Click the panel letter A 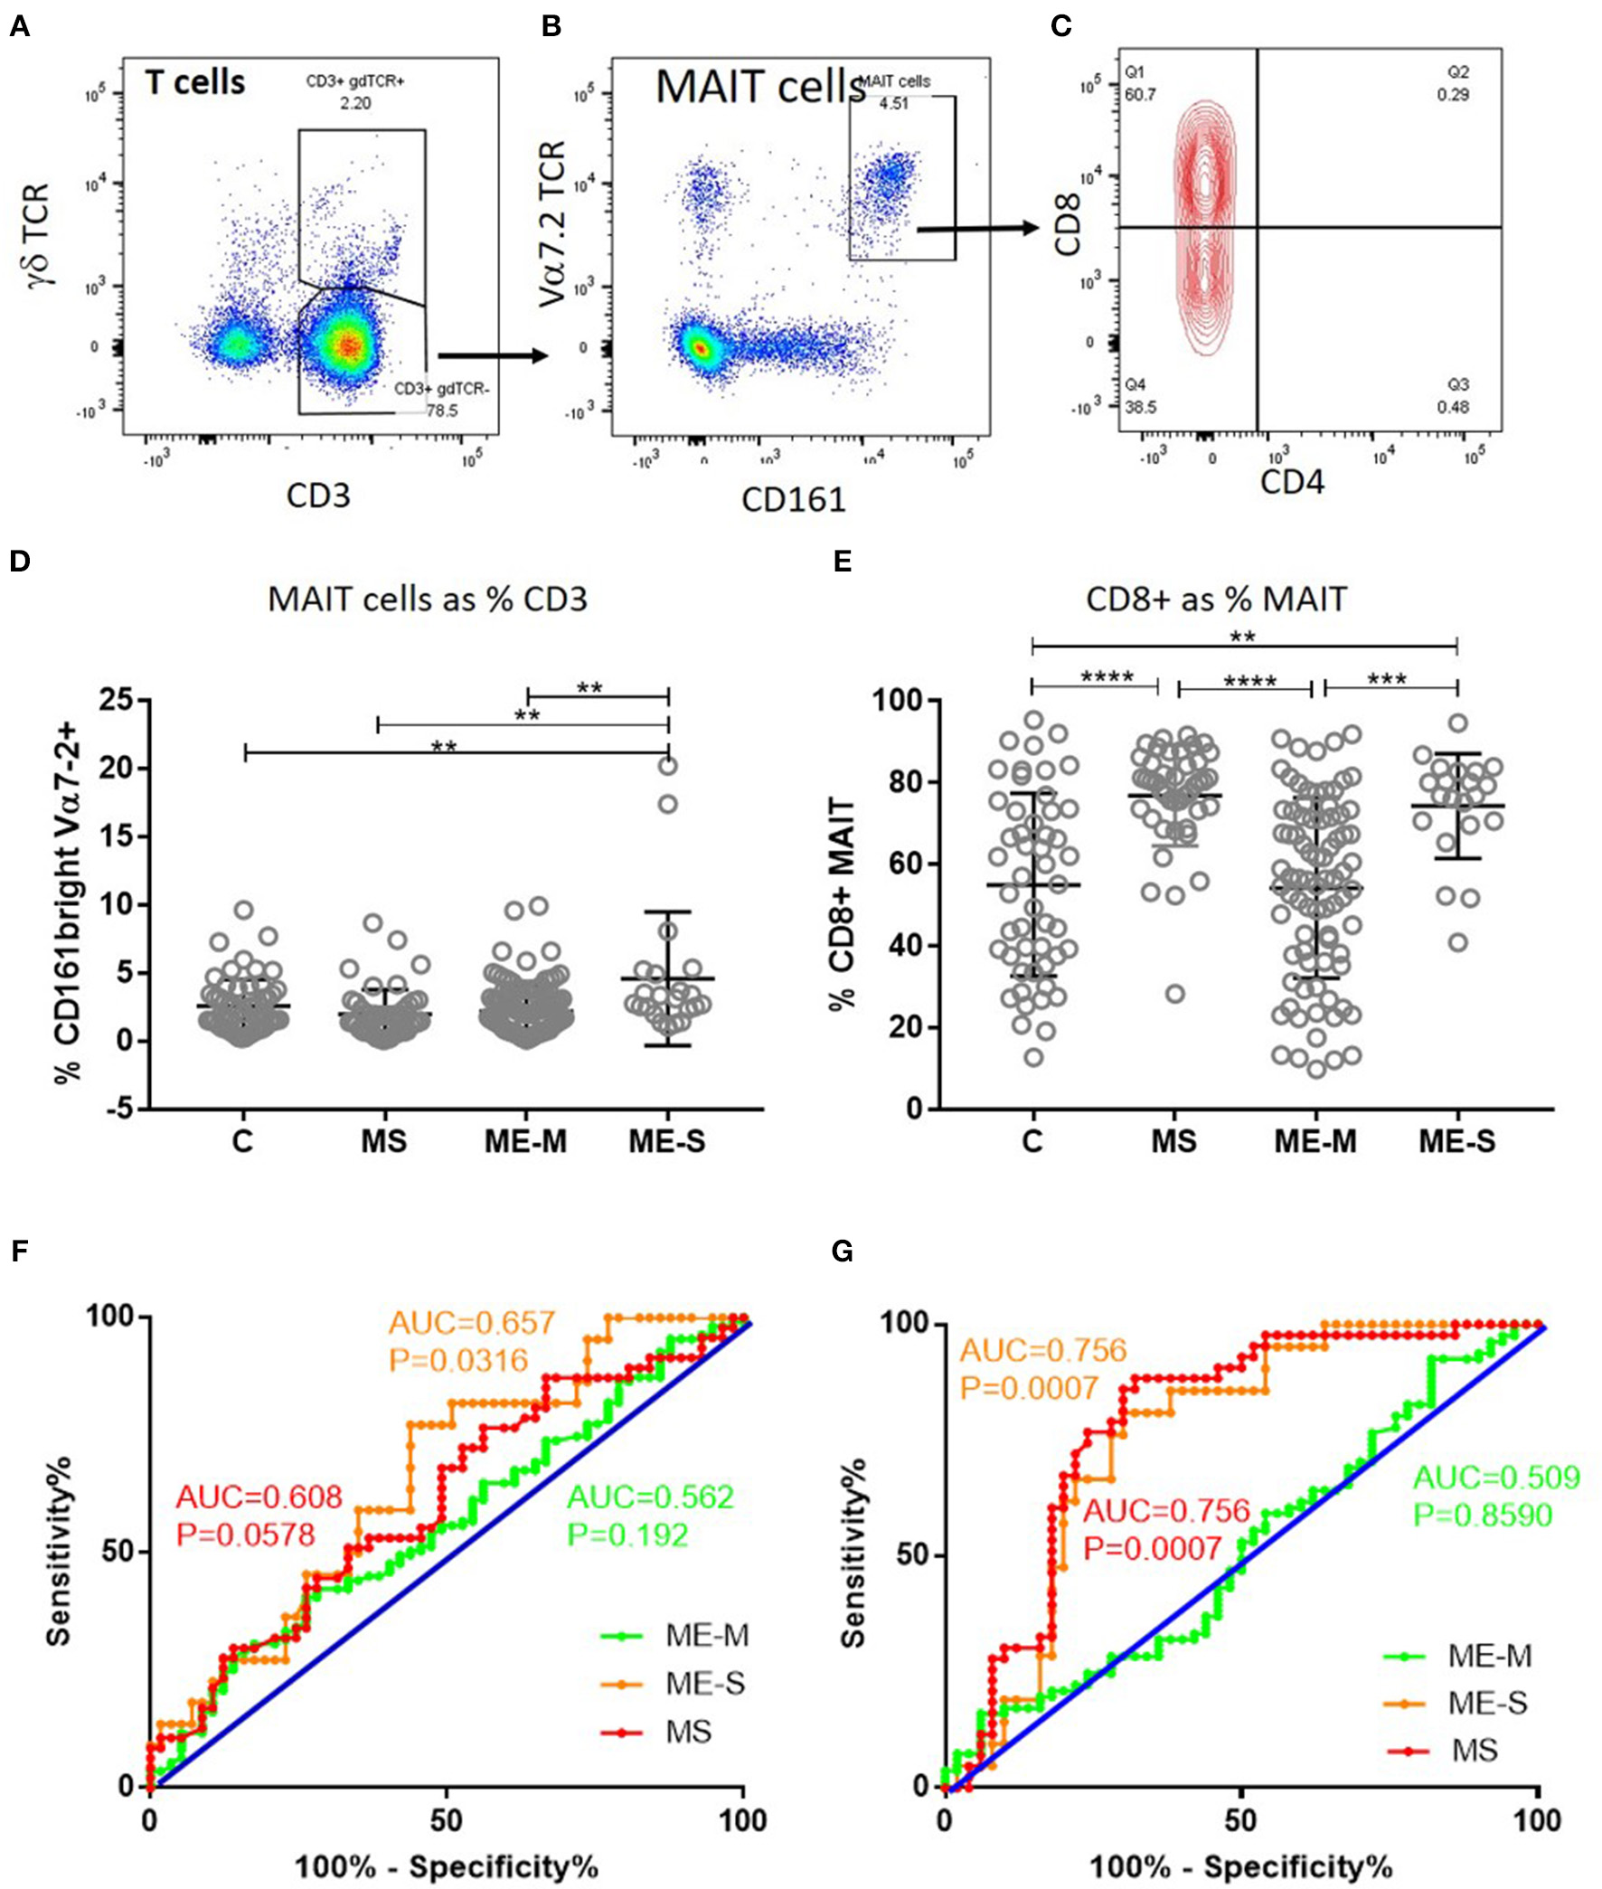pyautogui.click(x=19, y=26)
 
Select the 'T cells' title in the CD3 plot pyautogui.click(x=195, y=82)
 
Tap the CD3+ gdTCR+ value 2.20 pyautogui.click(x=355, y=103)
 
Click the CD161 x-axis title pyautogui.click(x=793, y=498)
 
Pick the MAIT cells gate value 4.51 pyautogui.click(x=893, y=103)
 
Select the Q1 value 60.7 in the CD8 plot pyautogui.click(x=1141, y=94)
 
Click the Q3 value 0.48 pyautogui.click(x=1453, y=407)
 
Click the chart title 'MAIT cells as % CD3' pyautogui.click(x=427, y=600)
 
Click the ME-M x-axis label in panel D pyautogui.click(x=526, y=1140)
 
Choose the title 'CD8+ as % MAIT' pyautogui.click(x=1217, y=600)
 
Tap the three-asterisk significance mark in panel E pyautogui.click(x=1387, y=680)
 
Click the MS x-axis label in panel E pyautogui.click(x=1174, y=1140)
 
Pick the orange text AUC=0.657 pyautogui.click(x=472, y=1323)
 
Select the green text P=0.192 pyautogui.click(x=627, y=1535)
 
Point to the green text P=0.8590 pyautogui.click(x=1482, y=1515)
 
